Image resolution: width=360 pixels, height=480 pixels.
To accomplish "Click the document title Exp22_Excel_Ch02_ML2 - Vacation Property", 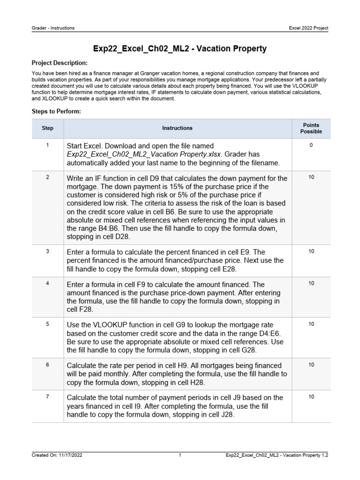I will [180, 49].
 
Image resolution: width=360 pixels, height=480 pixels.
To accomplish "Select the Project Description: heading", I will [59, 63].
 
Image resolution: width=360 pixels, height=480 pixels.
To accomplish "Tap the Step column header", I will [48, 128].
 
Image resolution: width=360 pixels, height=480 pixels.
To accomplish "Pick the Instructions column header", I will [177, 128].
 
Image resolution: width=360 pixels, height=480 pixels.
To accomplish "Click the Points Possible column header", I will [311, 128].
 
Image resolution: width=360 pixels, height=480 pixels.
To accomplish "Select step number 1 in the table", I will [48, 145].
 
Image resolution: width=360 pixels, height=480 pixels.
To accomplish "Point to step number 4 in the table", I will [48, 284].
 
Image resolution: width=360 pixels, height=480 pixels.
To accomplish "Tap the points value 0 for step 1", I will [311, 145].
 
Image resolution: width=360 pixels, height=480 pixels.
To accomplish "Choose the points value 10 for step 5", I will [311, 324].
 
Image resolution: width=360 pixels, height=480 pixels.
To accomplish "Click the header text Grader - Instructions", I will [52, 28].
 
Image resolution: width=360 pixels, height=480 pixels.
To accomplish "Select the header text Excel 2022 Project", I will [308, 28].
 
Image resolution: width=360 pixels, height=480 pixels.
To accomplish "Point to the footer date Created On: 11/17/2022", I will [58, 455].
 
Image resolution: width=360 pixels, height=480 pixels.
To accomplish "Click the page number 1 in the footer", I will [180, 455].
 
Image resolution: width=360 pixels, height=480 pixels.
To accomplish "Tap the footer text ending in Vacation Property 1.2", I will [277, 455].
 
